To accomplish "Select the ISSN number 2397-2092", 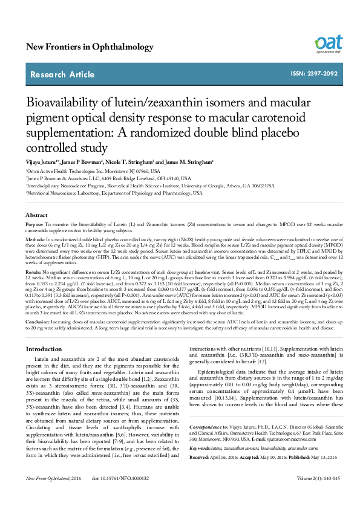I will tap(314, 74).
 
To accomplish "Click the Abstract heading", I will tap(36, 215).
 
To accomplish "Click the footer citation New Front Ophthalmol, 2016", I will tap(53, 495).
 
